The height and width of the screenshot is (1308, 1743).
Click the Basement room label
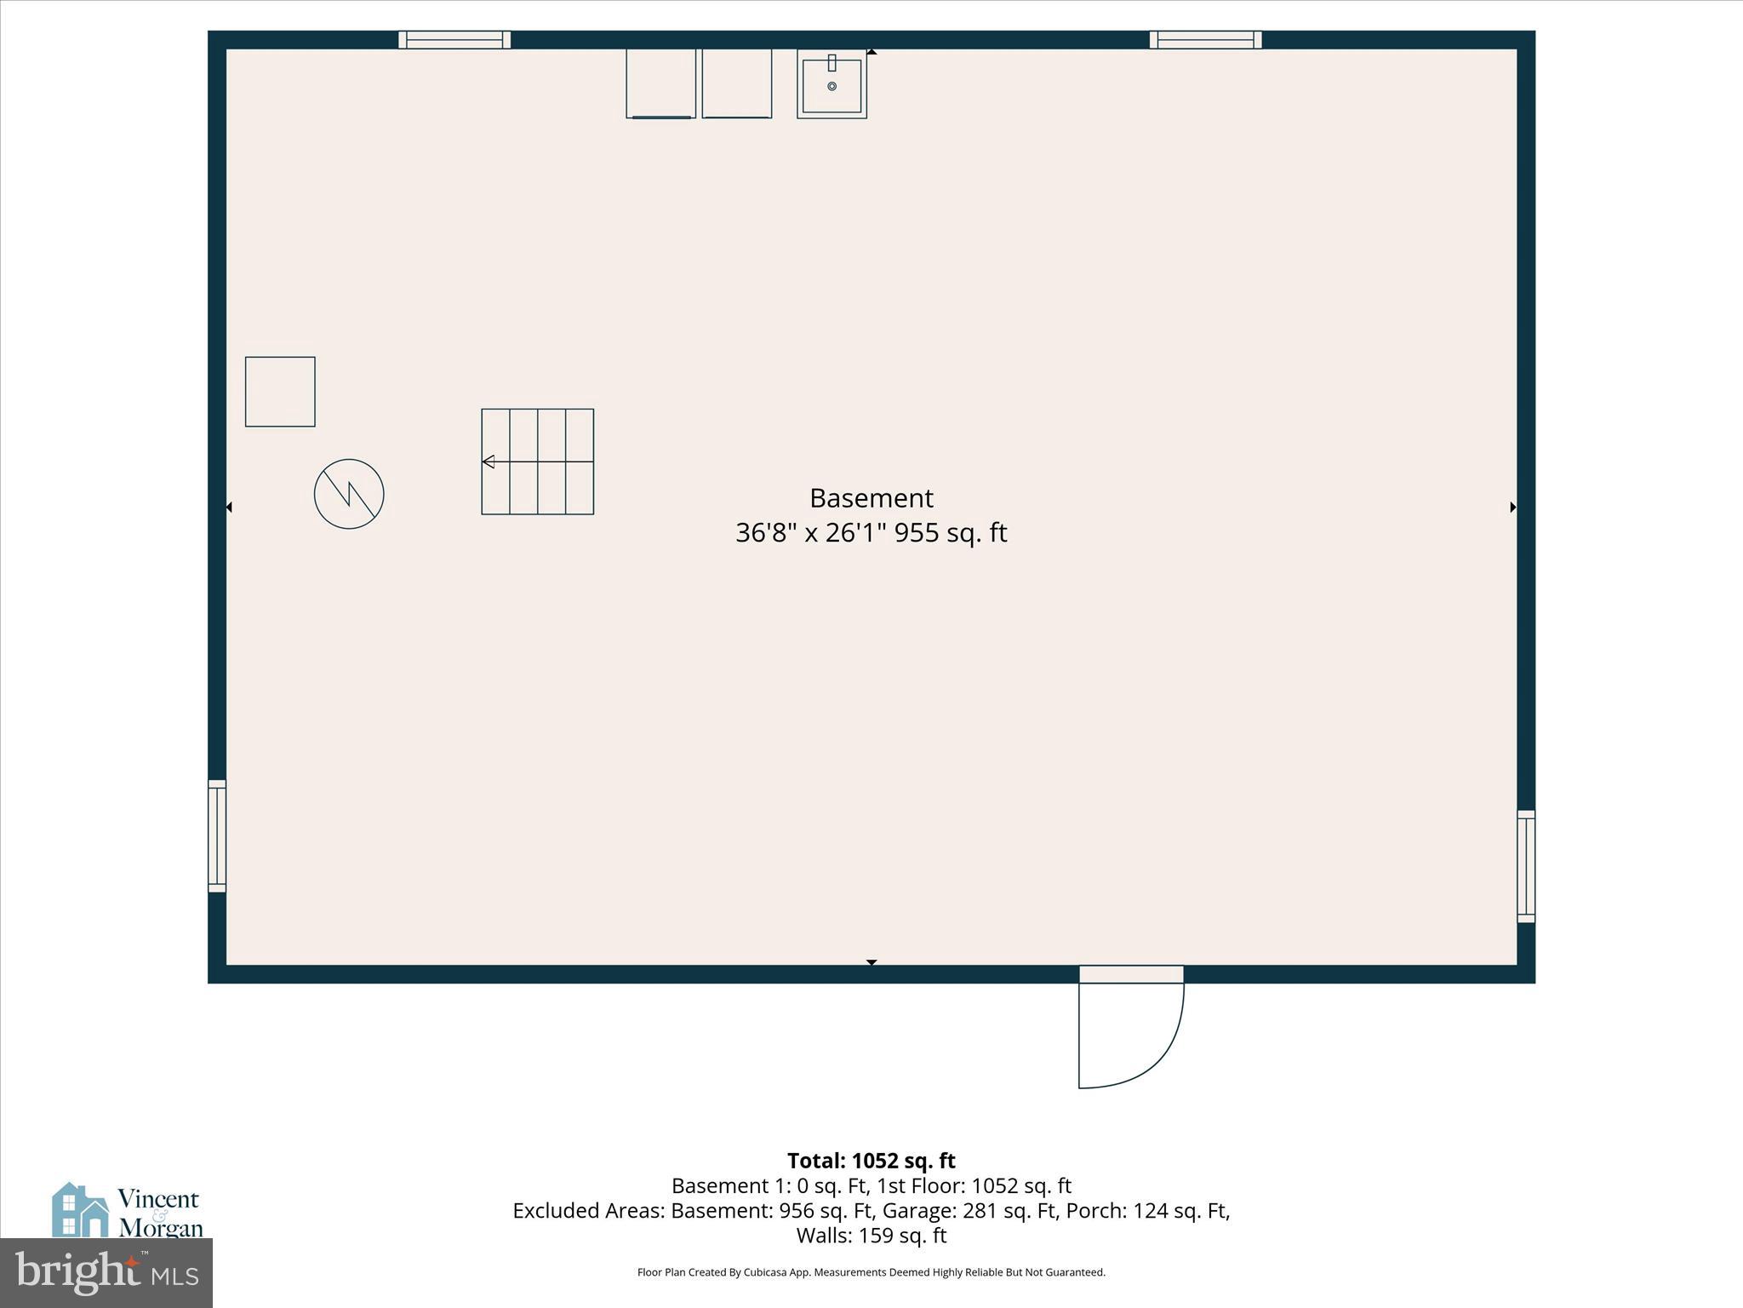(x=871, y=497)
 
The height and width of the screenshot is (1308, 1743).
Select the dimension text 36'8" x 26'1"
(x=811, y=533)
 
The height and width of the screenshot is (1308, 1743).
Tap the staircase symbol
(x=537, y=462)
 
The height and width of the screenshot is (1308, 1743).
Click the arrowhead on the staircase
(x=489, y=462)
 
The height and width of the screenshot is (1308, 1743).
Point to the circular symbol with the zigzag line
(x=349, y=494)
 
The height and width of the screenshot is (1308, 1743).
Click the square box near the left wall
(x=280, y=392)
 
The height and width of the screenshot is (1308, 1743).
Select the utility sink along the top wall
(x=831, y=83)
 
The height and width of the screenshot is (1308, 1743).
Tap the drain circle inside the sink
(x=831, y=86)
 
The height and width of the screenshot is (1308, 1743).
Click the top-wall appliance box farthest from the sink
(x=660, y=83)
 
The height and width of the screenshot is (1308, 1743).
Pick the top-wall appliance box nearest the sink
(x=736, y=83)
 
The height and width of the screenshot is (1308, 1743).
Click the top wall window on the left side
(x=454, y=39)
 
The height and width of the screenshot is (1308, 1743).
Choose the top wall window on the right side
(x=1205, y=39)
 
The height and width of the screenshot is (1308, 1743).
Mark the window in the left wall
(x=217, y=835)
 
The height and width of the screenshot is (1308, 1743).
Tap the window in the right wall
(x=1526, y=866)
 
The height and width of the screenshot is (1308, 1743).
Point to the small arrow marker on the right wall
(x=1512, y=508)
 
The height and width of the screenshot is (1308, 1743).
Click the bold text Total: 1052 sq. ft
(x=871, y=1161)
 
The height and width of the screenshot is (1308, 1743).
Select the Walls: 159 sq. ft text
(x=871, y=1236)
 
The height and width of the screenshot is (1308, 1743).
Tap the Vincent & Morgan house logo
(x=81, y=1209)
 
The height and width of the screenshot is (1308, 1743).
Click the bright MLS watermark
(x=106, y=1272)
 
